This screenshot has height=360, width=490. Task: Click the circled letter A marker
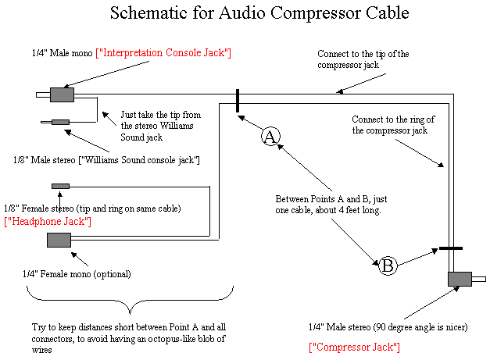pos(270,137)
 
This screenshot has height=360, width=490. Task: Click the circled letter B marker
pos(388,266)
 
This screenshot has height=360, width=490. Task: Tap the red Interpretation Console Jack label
pos(163,52)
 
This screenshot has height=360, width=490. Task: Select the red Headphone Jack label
pos(48,222)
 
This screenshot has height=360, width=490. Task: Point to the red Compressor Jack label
pos(355,346)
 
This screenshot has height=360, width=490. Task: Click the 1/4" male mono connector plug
pos(60,94)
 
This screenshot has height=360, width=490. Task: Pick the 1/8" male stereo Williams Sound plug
pos(59,122)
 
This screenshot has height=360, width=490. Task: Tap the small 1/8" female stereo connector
pos(60,185)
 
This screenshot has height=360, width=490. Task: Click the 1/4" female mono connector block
pos(59,240)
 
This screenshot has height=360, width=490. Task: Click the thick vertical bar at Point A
pos(238,101)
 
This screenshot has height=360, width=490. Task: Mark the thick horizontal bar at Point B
pos(450,248)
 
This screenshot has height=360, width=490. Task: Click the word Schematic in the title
pos(147,13)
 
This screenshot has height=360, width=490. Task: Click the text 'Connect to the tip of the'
pos(363,54)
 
